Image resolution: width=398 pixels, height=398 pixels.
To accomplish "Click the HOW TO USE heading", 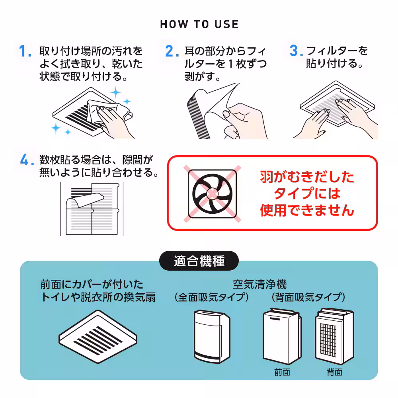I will [x=199, y=24].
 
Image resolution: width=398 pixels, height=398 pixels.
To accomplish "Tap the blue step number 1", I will [x=25, y=52].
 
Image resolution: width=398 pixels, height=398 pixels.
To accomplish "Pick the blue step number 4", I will [x=25, y=160].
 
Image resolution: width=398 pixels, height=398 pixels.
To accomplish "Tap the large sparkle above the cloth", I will [x=116, y=93].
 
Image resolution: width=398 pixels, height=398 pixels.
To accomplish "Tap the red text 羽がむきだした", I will [x=307, y=177].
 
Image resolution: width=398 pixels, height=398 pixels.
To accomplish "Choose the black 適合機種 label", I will [x=199, y=261].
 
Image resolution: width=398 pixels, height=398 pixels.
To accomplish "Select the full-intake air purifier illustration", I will [x=211, y=334].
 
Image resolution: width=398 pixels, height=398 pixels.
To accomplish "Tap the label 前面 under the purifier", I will [x=282, y=372].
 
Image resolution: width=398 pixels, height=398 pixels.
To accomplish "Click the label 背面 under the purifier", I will [x=334, y=372].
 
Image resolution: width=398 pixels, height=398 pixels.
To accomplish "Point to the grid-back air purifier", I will [x=334, y=336].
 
